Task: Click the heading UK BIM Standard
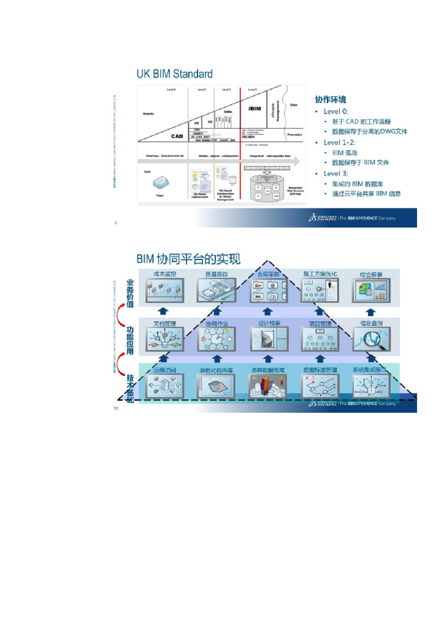coord(174,74)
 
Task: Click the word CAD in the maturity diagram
coord(178,136)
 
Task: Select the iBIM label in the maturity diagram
coord(255,109)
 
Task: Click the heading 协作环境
coord(330,99)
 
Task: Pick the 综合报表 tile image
coord(372,291)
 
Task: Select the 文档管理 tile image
coord(164,339)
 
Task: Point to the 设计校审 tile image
coord(267,339)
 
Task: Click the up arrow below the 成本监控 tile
coord(164,310)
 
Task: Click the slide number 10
coord(116,408)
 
